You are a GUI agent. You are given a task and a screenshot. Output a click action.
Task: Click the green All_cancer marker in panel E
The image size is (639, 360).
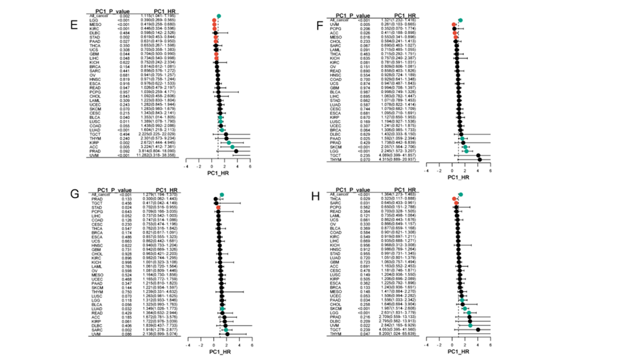(219, 16)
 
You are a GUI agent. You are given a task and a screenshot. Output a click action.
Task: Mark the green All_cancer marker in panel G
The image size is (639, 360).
(220, 196)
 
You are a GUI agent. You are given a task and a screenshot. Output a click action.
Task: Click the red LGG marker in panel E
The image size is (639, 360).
(215, 20)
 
